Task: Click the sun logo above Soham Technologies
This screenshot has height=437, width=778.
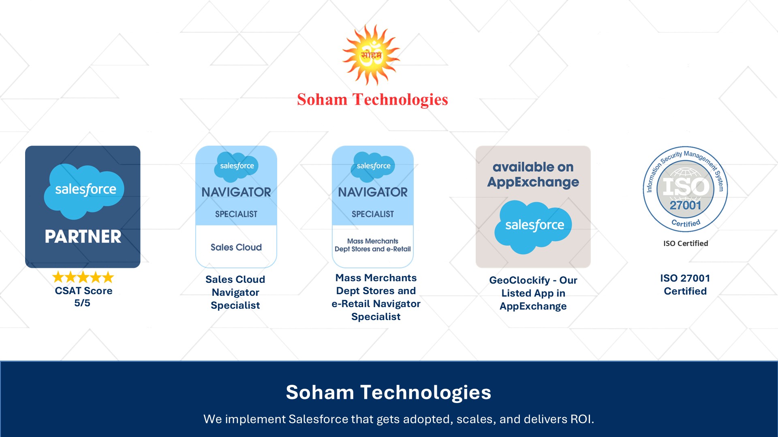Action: pos(371,55)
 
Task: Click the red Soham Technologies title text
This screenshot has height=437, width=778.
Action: pos(372,100)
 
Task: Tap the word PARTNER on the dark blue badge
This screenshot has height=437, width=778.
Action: pos(83,237)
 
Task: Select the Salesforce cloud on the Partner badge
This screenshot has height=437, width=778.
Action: pos(84,190)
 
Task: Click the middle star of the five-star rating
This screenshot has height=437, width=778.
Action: pos(83,277)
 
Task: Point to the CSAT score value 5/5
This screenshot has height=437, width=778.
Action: pos(82,303)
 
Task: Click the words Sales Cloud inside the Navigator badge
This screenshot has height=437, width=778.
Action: pos(236,247)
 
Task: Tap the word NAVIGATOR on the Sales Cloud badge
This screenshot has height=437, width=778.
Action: pos(236,192)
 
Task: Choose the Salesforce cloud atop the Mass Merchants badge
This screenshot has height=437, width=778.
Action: pos(373,166)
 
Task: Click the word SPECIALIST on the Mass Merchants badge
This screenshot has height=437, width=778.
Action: pos(373,214)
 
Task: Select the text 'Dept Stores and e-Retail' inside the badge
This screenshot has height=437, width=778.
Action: pos(373,249)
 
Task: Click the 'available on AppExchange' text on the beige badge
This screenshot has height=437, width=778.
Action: pos(533,174)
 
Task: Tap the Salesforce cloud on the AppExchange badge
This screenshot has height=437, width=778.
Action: pos(533,226)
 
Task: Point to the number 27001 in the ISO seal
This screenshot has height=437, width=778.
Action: pos(685,206)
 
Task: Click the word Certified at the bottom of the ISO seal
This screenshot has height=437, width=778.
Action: pos(686,223)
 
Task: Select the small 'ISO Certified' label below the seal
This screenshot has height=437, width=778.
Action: pos(686,243)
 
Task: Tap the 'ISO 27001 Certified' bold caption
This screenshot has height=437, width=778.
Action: pos(685,284)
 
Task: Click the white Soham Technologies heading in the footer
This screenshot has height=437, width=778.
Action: pos(388,392)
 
